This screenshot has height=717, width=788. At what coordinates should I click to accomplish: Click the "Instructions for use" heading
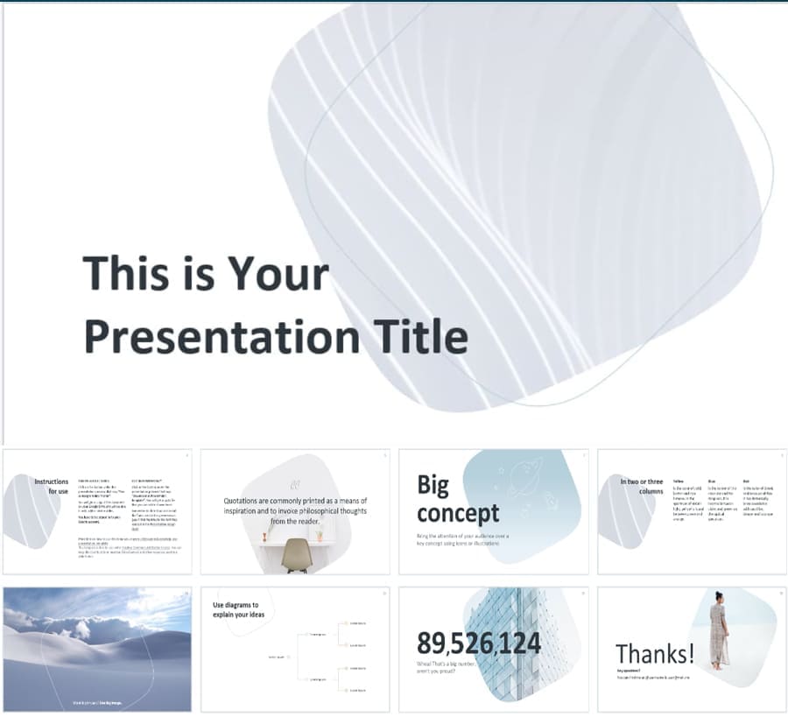point(52,486)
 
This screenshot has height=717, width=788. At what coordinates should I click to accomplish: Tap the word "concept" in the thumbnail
point(457,513)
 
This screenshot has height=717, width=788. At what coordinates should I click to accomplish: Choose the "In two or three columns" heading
point(642,486)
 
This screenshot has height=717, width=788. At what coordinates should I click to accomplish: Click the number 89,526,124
point(479,643)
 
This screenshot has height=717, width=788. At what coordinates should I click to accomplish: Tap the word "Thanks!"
point(654,653)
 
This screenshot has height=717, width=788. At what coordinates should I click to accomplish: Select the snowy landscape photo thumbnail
point(97,648)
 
